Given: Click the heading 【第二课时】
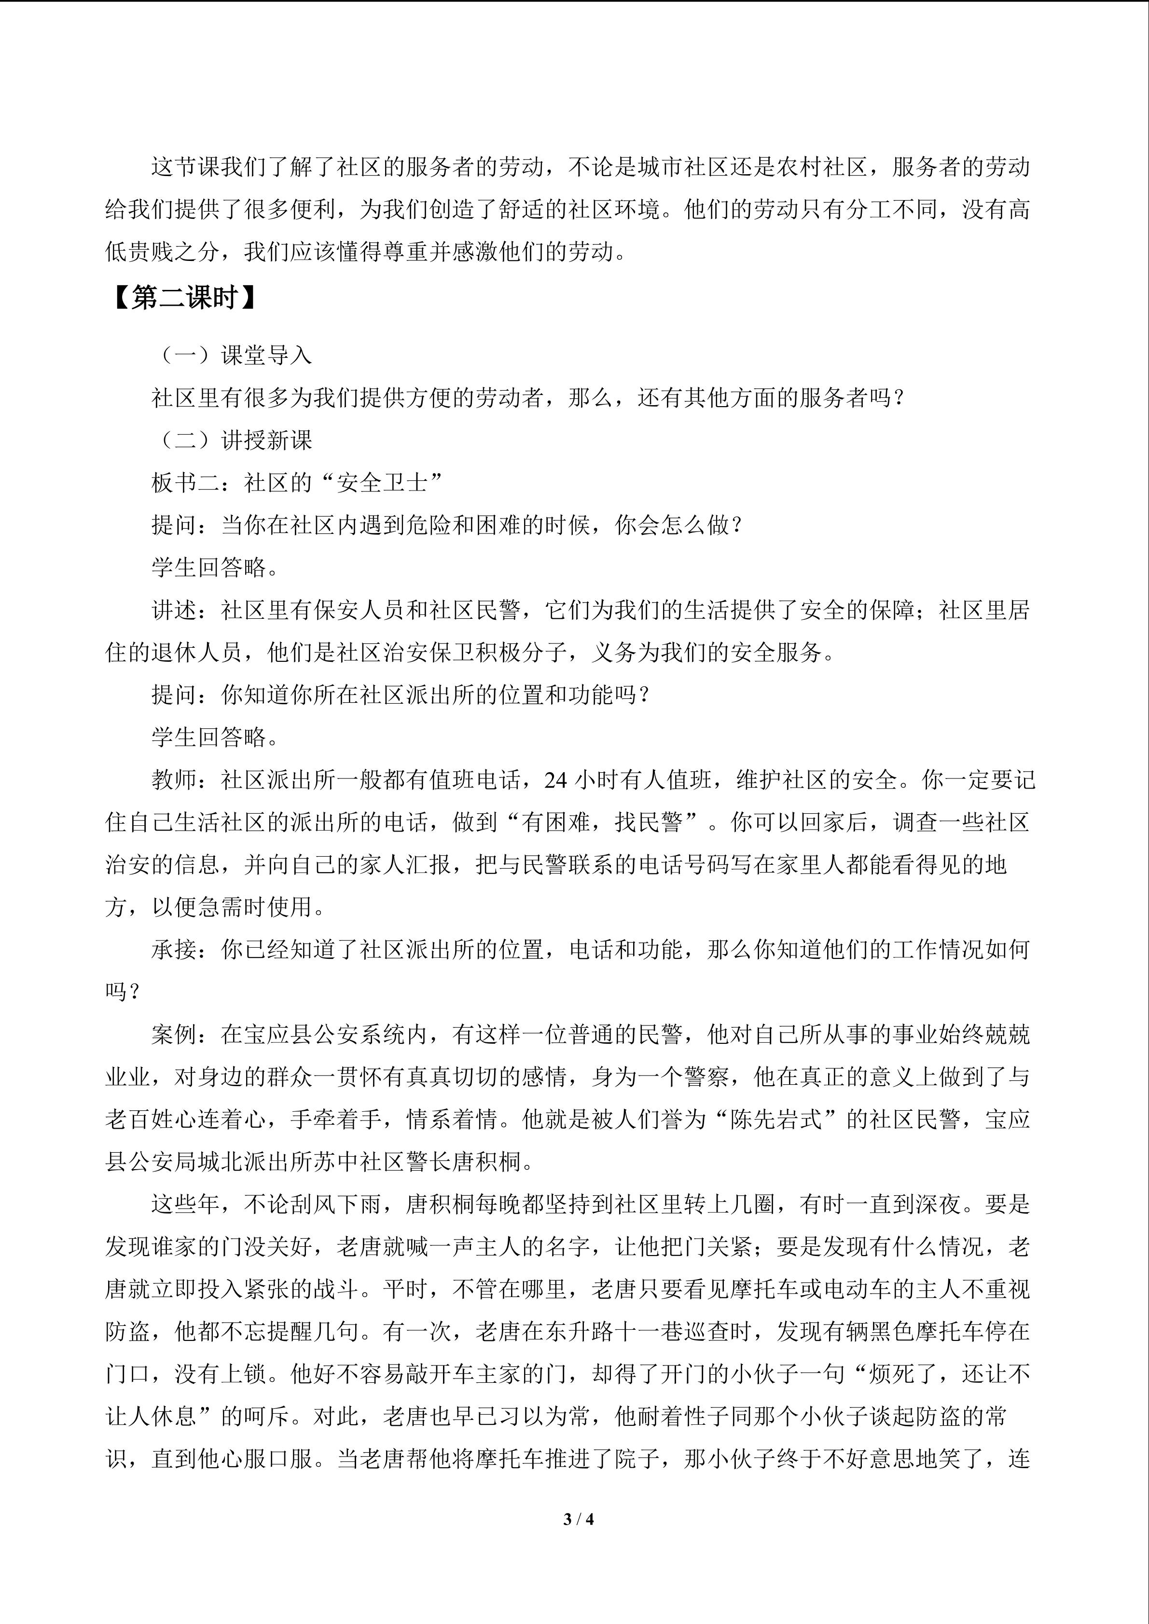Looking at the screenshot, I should pyautogui.click(x=185, y=299).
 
